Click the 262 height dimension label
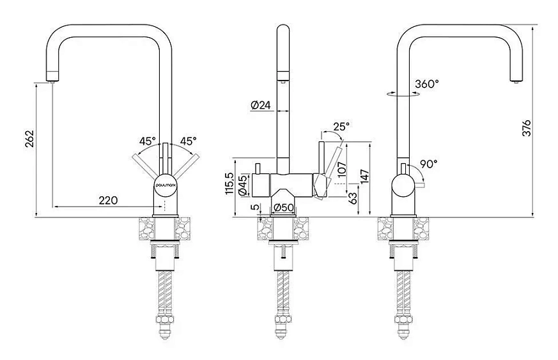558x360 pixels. (29, 139)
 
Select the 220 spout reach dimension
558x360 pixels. (108, 201)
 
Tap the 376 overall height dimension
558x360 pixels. (526, 128)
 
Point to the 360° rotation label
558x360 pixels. (427, 84)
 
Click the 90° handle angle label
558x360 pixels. (428, 164)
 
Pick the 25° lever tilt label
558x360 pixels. (341, 126)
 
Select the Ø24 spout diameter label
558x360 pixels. (261, 105)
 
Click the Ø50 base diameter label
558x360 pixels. (283, 207)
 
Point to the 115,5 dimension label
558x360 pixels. (229, 184)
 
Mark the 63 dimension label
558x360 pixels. (352, 198)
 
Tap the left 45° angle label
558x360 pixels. (148, 141)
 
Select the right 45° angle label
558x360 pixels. (189, 141)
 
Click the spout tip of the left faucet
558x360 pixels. (52, 81)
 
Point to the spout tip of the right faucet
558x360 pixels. (516, 81)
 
